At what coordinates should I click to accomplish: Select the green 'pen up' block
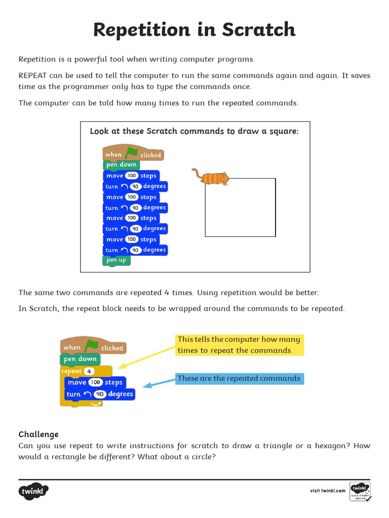[x=116, y=260]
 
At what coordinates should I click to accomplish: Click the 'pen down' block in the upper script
[x=121, y=165]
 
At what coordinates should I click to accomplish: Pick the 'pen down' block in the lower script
[x=80, y=359]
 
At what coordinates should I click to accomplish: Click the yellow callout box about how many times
[x=240, y=345]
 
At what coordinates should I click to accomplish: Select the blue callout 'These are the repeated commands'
[x=240, y=378]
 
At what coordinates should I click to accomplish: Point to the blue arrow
[x=159, y=382]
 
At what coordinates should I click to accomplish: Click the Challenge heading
[x=38, y=434]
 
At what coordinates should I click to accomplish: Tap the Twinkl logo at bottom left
[x=34, y=491]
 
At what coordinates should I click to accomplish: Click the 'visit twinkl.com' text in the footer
[x=328, y=491]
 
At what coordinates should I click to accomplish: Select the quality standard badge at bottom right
[x=360, y=491]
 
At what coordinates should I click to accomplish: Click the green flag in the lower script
[x=92, y=346]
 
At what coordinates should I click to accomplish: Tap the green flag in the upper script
[x=132, y=153]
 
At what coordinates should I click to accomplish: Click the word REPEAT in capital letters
[x=33, y=75]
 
